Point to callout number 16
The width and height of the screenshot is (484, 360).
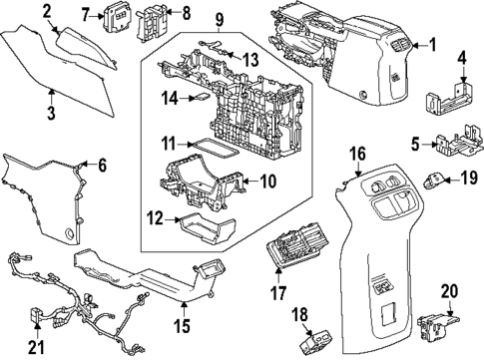click(x=358, y=153)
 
